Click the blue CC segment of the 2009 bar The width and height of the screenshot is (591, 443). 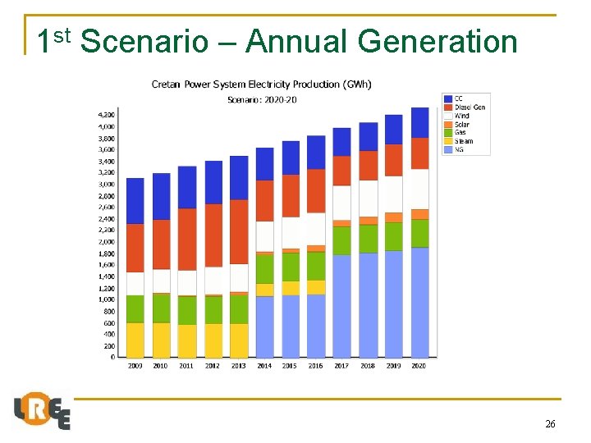pyautogui.click(x=135, y=201)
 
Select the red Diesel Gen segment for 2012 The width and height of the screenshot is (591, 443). pyautogui.click(x=213, y=235)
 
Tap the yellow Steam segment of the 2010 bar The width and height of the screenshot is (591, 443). pyautogui.click(x=161, y=340)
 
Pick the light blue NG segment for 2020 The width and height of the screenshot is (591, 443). pyautogui.click(x=419, y=302)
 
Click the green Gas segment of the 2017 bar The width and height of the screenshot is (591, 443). pyautogui.click(x=341, y=240)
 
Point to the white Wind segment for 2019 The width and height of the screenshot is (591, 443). pyautogui.click(x=393, y=194)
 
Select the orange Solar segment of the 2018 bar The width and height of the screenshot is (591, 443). pyautogui.click(x=368, y=221)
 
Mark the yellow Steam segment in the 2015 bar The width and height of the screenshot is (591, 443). pyautogui.click(x=291, y=288)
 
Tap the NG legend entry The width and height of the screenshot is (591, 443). pyautogui.click(x=459, y=150)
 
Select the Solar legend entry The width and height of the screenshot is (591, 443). pyautogui.click(x=461, y=125)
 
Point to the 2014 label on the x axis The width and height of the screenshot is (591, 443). pyautogui.click(x=264, y=366)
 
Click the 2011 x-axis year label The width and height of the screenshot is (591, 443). pyautogui.click(x=186, y=366)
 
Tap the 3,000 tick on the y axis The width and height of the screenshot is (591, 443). pyautogui.click(x=108, y=185)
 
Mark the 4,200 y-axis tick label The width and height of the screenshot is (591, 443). pyautogui.click(x=108, y=115)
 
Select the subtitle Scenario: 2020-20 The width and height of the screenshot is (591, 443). pyautogui.click(x=262, y=100)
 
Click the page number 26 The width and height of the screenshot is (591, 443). pyautogui.click(x=550, y=424)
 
